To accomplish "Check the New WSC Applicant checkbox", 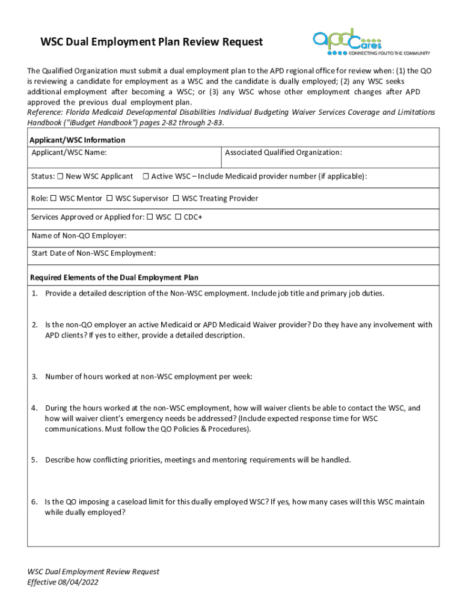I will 60,177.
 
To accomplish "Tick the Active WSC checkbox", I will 146,177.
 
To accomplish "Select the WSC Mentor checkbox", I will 53,198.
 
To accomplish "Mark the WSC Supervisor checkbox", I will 109,198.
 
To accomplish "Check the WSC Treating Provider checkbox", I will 176,198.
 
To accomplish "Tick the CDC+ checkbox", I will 178,217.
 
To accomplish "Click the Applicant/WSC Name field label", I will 69,153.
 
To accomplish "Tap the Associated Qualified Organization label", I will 283,153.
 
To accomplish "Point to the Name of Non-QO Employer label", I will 79,236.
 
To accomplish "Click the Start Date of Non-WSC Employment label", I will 93,253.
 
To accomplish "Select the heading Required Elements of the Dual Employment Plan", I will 114,278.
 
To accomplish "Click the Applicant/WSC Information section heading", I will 78,140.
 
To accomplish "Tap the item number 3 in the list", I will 35,377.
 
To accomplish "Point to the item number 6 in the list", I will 35,501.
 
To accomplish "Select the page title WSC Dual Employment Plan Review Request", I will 152,42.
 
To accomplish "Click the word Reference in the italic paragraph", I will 46,112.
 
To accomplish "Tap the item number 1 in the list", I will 35,294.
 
